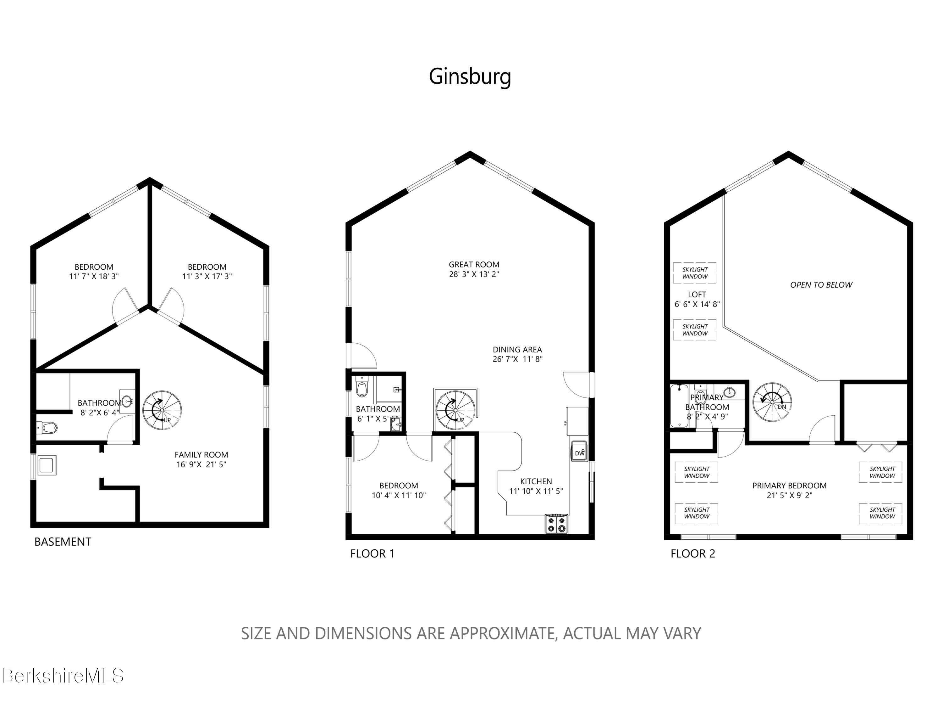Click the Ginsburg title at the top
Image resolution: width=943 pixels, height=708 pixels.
tap(470, 77)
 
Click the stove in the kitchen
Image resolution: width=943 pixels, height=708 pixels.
tap(557, 524)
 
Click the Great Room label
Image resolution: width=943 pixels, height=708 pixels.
tap(474, 265)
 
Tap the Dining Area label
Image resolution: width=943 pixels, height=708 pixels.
tap(517, 350)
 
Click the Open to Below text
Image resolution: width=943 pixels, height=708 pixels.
tap(821, 285)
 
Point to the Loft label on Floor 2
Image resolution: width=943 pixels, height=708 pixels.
tap(697, 295)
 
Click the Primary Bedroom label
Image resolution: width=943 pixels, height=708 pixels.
tap(789, 486)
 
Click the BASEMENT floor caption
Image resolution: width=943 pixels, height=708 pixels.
tap(63, 542)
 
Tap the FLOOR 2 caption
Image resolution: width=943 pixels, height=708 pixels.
tap(693, 553)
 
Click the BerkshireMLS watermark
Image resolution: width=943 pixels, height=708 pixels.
tap(62, 675)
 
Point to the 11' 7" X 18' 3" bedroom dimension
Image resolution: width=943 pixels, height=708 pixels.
tap(94, 276)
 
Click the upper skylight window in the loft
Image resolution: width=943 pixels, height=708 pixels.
tap(694, 273)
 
